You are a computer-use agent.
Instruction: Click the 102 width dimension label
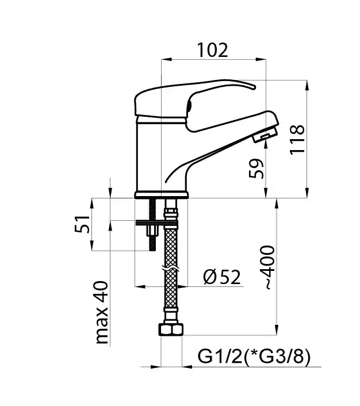213,50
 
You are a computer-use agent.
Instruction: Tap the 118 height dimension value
297,140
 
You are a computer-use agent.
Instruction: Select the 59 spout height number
256,168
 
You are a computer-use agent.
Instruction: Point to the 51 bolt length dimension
82,224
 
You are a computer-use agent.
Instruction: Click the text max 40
102,312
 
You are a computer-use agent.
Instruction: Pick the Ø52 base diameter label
222,277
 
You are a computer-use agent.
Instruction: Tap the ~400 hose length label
267,267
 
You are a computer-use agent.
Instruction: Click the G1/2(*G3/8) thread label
254,357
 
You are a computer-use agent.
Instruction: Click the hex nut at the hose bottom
171,330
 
